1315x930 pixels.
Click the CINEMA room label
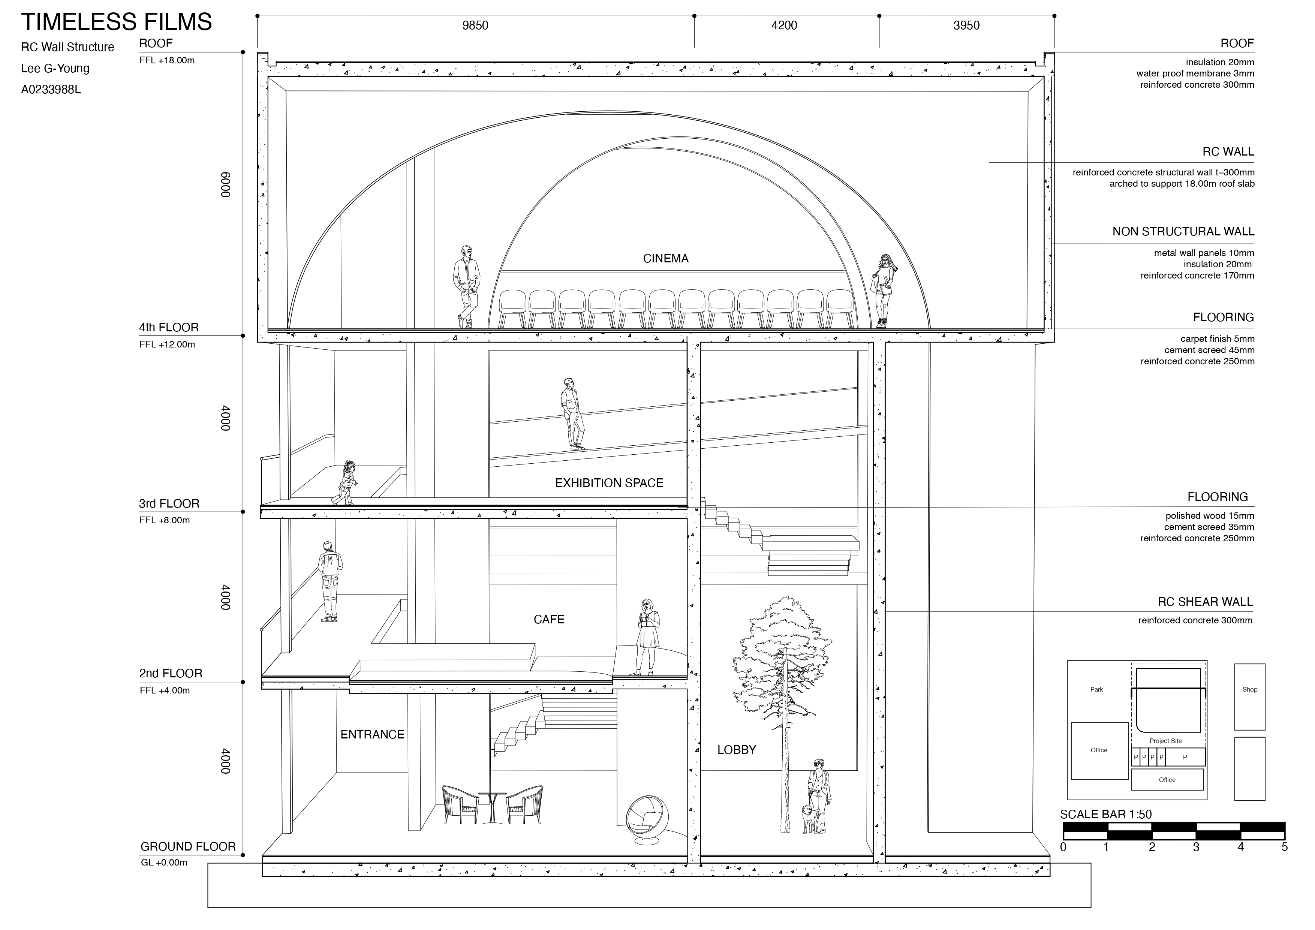pos(665,258)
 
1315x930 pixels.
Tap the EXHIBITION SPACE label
pos(609,483)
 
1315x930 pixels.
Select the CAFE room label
pos(549,619)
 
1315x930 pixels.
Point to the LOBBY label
pos(737,750)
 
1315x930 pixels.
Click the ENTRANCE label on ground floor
pos(372,734)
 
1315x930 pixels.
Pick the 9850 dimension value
pos(475,25)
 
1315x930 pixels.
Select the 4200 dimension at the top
pos(784,25)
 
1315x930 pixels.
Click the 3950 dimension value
pos(966,25)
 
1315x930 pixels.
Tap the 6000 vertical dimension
pos(226,184)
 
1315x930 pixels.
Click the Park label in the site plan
pos(1096,689)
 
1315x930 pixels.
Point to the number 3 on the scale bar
pos(1196,847)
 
